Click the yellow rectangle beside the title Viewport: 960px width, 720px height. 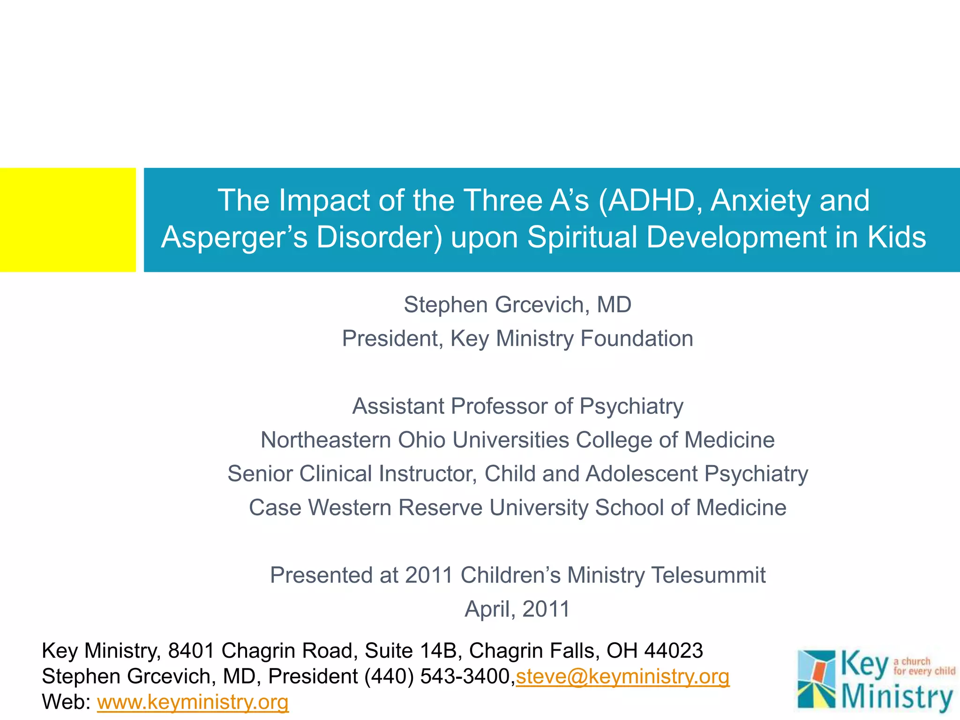(67, 219)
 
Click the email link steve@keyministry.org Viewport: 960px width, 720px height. (622, 676)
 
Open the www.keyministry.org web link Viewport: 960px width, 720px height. (193, 702)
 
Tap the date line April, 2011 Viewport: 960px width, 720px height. (517, 609)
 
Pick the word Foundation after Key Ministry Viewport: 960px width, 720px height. (637, 338)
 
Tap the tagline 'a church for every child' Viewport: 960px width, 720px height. (924, 666)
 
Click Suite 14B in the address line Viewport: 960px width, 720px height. (413, 651)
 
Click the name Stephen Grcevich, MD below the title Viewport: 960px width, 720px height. (517, 305)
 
